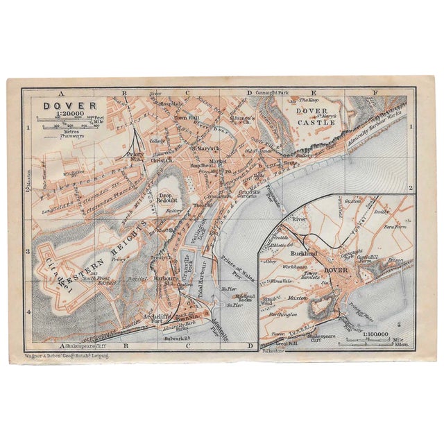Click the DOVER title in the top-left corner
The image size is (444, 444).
point(62,106)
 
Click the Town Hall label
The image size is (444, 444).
point(185,119)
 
